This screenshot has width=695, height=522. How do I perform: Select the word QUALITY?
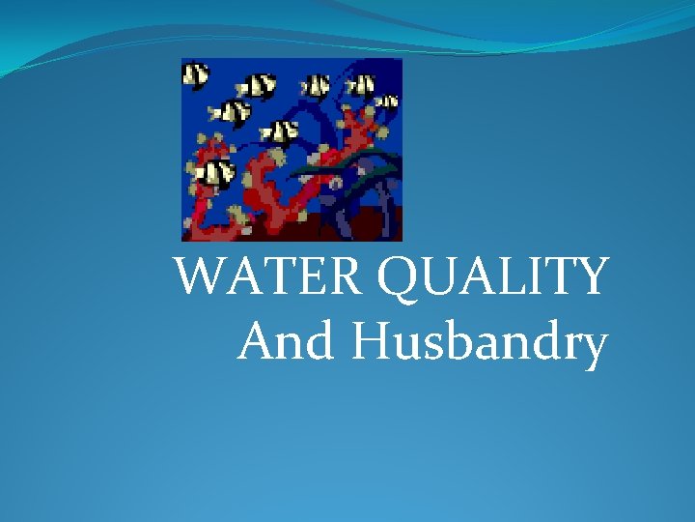tap(493, 278)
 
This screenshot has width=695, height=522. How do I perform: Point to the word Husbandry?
tap(479, 342)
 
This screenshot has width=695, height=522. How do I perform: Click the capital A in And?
tap(258, 340)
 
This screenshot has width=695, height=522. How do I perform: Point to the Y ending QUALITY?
tap(589, 278)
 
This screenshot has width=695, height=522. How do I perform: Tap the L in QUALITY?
tap(508, 278)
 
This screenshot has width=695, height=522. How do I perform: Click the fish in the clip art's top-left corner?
tap(196, 74)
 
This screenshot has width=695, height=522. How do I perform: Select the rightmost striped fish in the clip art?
tap(386, 100)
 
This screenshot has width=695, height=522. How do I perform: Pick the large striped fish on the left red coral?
tap(215, 174)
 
